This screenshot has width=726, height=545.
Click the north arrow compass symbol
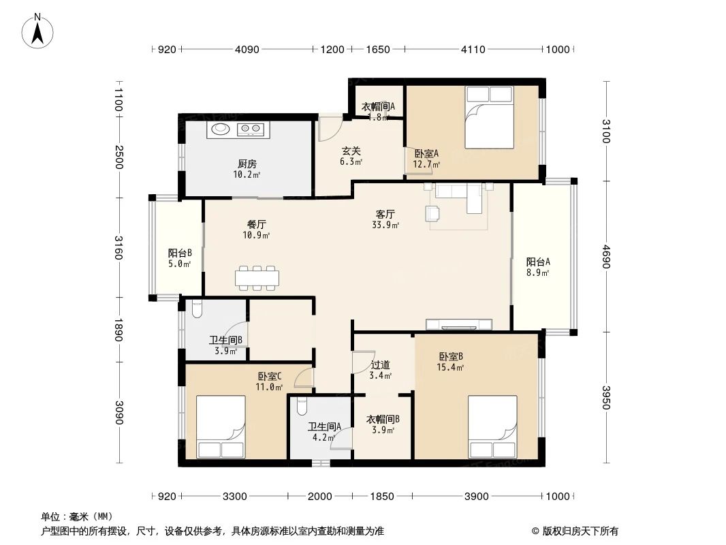[37, 31]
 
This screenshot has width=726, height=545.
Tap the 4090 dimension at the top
[247, 50]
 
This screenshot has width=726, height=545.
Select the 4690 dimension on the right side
[606, 257]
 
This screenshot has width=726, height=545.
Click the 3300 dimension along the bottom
[235, 497]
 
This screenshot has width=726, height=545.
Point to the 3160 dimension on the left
[119, 248]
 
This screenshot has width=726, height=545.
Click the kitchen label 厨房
[247, 164]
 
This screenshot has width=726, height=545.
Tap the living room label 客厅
[385, 214]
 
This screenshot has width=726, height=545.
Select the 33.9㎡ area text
[385, 225]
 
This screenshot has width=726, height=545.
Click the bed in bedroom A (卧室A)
[490, 118]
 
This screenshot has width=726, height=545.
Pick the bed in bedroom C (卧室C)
[221, 426]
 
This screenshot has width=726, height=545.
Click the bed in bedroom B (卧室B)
[492, 426]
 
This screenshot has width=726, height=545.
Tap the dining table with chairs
[257, 278]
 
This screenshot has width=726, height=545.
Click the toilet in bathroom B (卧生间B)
[196, 309]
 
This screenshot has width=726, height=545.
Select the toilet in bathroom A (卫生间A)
[302, 406]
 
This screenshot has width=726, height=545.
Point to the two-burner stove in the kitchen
[251, 129]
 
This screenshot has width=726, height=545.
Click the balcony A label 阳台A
[538, 262]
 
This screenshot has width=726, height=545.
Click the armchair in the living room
[432, 213]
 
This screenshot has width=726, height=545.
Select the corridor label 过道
[381, 365]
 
